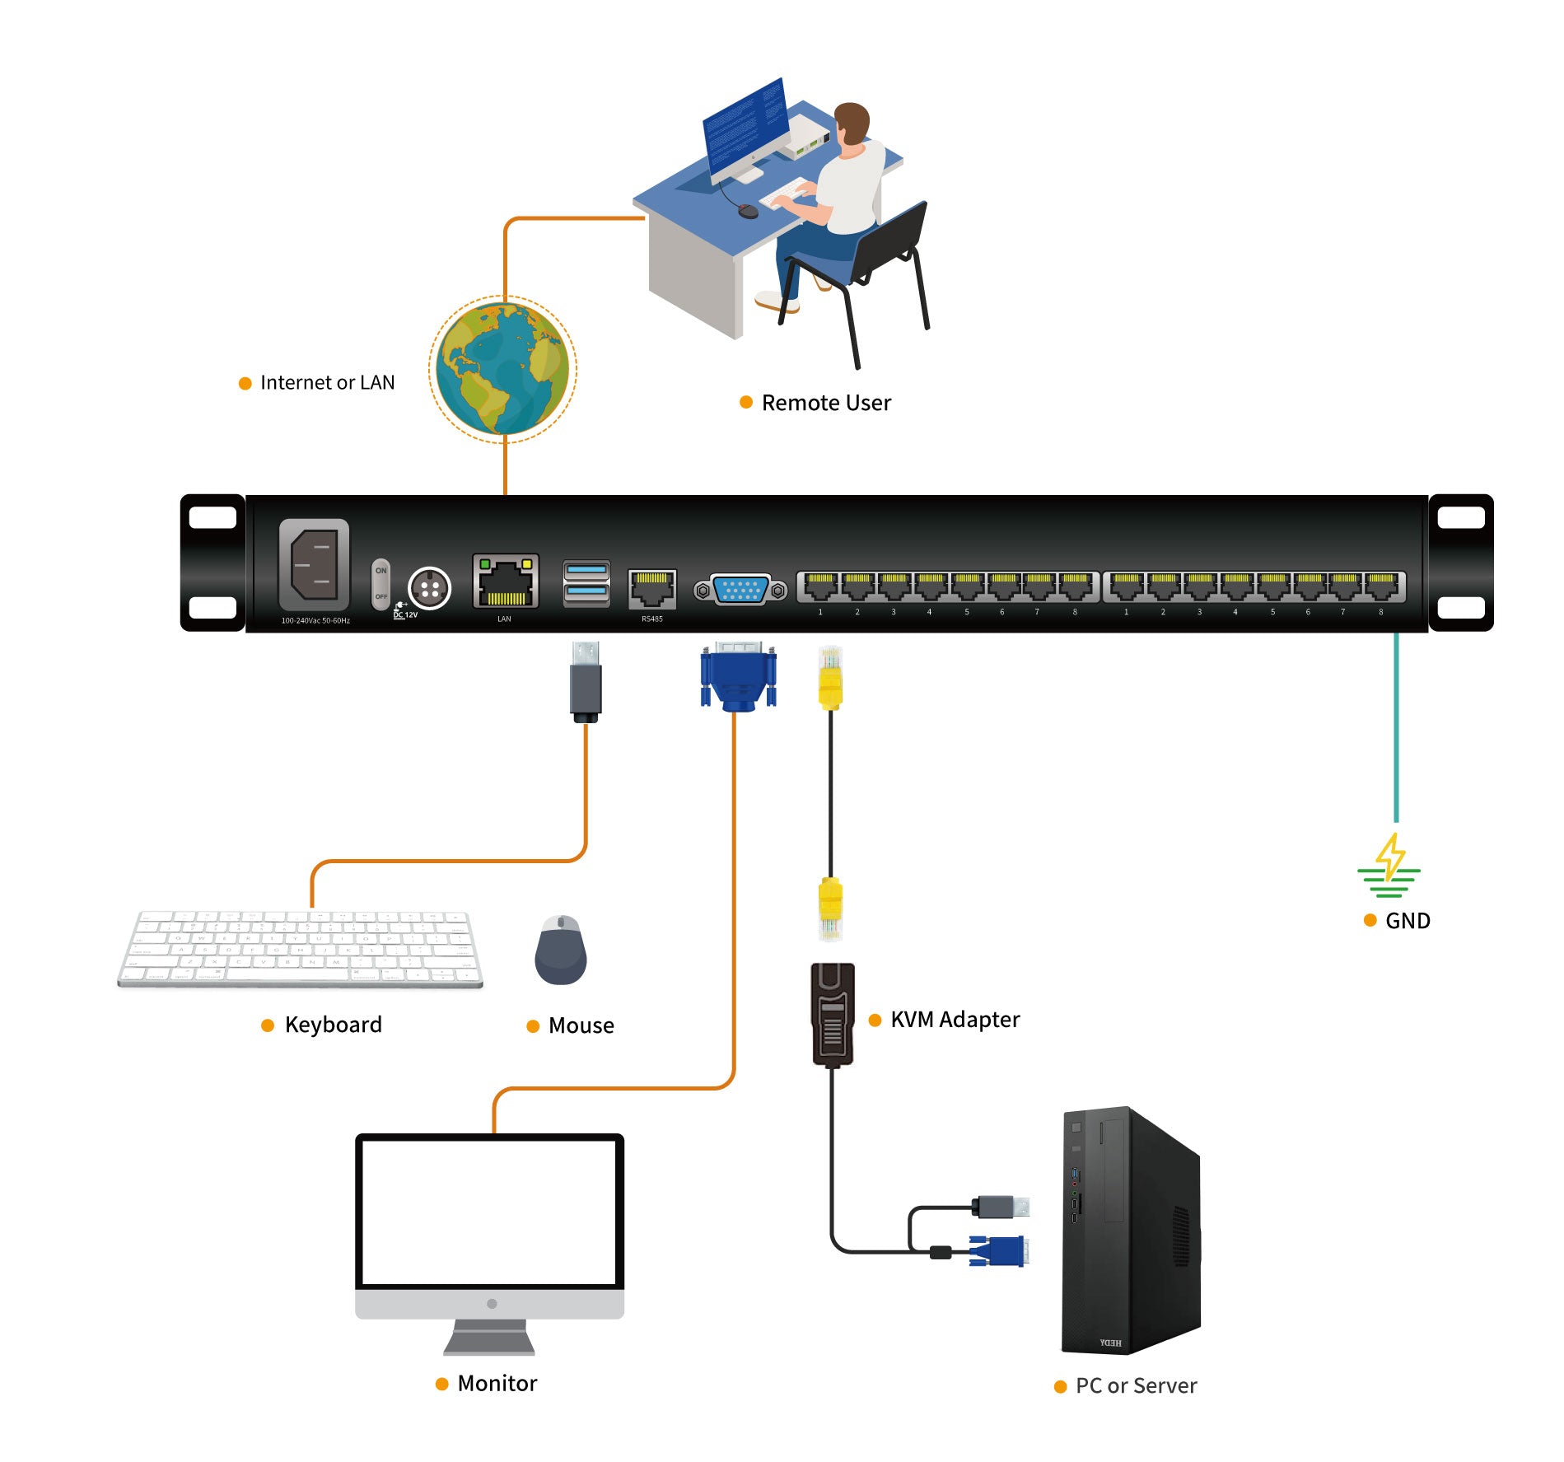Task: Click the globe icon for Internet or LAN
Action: click(x=502, y=368)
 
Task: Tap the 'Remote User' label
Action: click(x=825, y=403)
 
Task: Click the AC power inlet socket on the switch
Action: click(x=315, y=564)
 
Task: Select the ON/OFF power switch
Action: click(x=380, y=584)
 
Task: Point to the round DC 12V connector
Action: click(x=429, y=588)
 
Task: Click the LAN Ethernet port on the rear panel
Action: click(x=505, y=582)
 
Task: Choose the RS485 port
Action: click(x=651, y=588)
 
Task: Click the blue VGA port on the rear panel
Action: click(x=740, y=590)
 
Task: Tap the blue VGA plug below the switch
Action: click(x=738, y=677)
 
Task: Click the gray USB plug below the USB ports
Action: click(x=586, y=682)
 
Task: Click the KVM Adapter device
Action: click(x=833, y=1015)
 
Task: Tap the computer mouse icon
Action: click(x=560, y=951)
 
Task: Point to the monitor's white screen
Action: click(x=489, y=1210)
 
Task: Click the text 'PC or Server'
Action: click(x=1135, y=1386)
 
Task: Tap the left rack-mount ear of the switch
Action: click(x=212, y=563)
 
